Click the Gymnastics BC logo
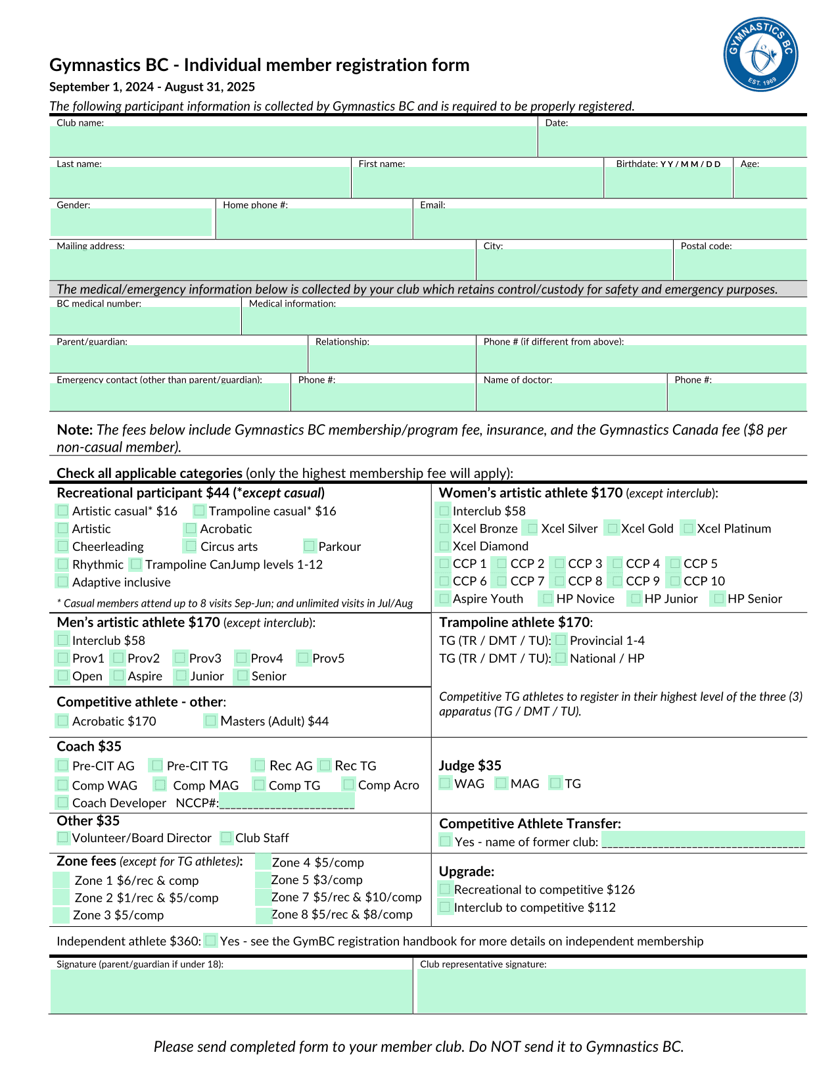[x=760, y=55]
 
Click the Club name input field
[x=293, y=141]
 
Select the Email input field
[x=609, y=224]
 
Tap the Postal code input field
[x=740, y=265]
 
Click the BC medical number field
[x=145, y=321]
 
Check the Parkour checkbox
[x=310, y=546]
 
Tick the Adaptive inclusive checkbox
[x=62, y=581]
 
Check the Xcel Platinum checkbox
[x=687, y=528]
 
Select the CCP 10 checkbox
[x=674, y=580]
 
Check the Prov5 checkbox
[x=303, y=657]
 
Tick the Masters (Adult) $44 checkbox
[x=210, y=720]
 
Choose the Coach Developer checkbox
[x=62, y=802]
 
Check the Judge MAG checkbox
[x=501, y=783]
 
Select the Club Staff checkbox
[x=226, y=837]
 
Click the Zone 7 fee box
[x=263, y=897]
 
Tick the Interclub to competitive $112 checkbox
[x=445, y=907]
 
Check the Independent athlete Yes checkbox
[x=210, y=941]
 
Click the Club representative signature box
[x=611, y=991]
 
